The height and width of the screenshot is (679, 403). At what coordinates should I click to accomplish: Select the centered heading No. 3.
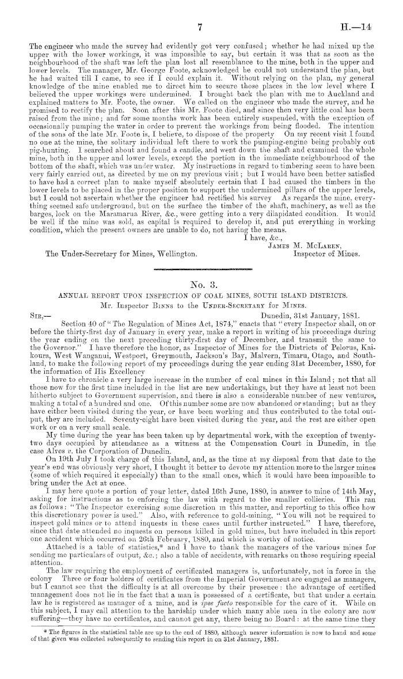click(201, 284)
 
